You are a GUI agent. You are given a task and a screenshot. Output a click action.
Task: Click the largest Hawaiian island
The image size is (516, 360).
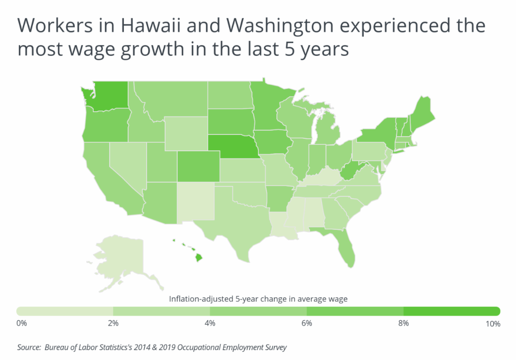199,258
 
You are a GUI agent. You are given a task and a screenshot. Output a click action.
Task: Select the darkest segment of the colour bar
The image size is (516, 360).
451,311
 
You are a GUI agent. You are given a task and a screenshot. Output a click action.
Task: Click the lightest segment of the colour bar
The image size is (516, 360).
64,311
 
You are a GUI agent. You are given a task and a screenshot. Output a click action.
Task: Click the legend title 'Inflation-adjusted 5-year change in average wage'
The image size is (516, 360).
258,299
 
